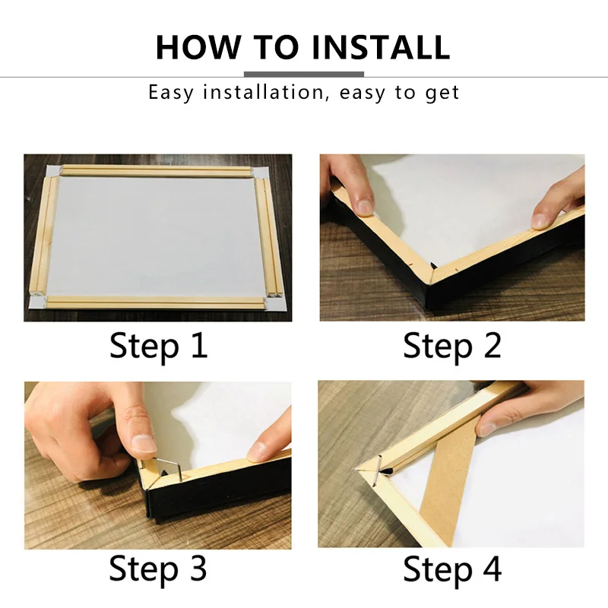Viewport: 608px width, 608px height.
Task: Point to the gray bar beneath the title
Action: [303, 74]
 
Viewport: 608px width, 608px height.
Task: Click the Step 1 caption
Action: [158, 346]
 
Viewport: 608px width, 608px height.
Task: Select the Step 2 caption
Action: [452, 346]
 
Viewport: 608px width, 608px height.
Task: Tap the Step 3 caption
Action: [158, 568]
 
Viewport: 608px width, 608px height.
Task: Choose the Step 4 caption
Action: [452, 568]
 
